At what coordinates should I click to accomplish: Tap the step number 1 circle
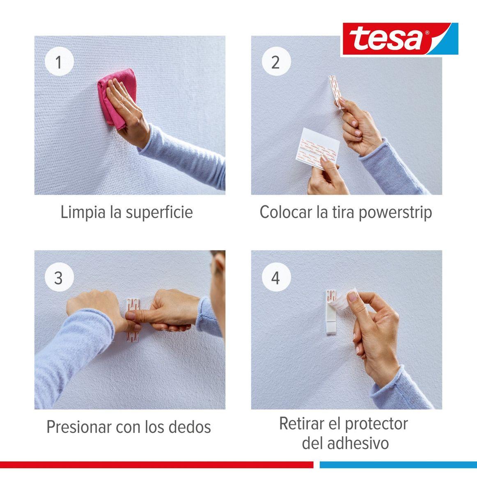tap(59, 62)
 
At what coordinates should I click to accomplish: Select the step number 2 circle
tap(275, 62)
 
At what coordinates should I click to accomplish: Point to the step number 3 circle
tap(59, 278)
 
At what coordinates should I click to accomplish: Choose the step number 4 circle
tap(275, 278)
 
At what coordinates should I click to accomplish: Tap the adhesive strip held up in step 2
tap(336, 91)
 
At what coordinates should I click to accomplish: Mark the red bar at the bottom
tap(156, 465)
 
